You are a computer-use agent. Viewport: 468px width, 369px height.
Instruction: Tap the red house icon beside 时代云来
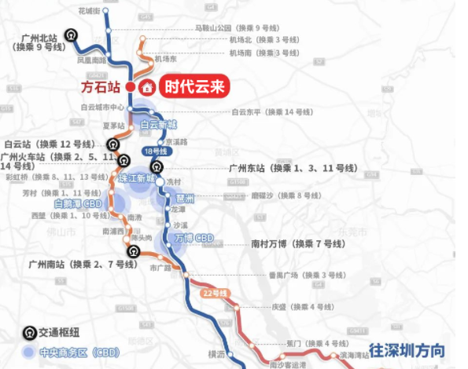[146, 87]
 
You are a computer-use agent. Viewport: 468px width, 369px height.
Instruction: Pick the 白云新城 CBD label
[159, 125]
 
